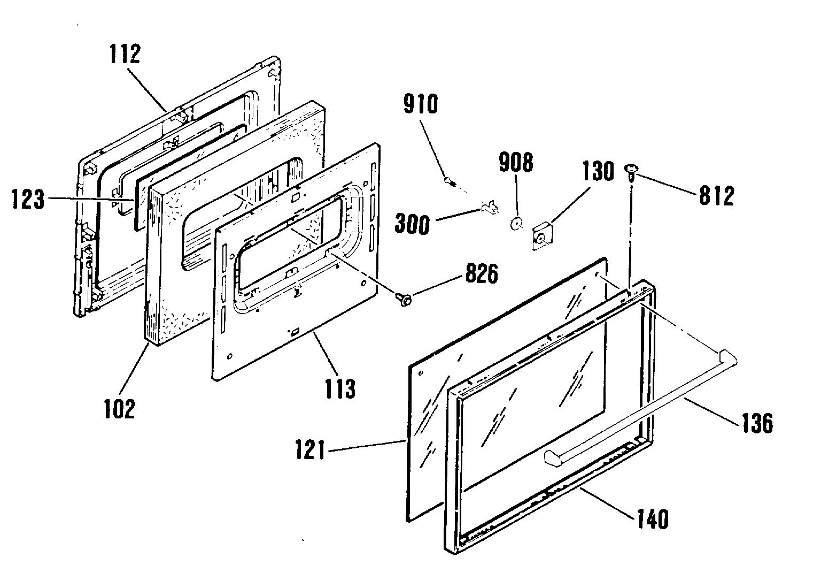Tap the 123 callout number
pyautogui.click(x=28, y=199)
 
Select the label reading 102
pyautogui.click(x=120, y=409)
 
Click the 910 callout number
pyautogui.click(x=421, y=104)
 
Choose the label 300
pyautogui.click(x=412, y=224)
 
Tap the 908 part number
pyautogui.click(x=516, y=162)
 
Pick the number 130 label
pyautogui.click(x=598, y=171)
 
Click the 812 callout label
pyautogui.click(x=717, y=195)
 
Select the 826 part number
pyautogui.click(x=482, y=274)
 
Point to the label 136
pyautogui.click(x=757, y=423)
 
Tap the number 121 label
pyautogui.click(x=310, y=450)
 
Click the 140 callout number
pyautogui.click(x=653, y=519)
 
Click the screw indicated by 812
pyautogui.click(x=631, y=172)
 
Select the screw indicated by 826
pyautogui.click(x=404, y=299)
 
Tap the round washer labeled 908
pyautogui.click(x=516, y=223)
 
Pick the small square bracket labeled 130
pyautogui.click(x=543, y=236)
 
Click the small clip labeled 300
pyautogui.click(x=489, y=208)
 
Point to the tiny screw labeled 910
pyautogui.click(x=450, y=181)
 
